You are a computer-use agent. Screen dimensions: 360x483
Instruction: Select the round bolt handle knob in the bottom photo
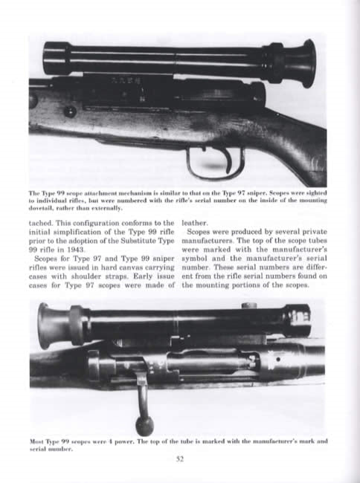click(144, 425)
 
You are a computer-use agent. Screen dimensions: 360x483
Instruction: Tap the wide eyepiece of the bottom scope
click(52, 324)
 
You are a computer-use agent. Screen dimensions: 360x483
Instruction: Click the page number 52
click(179, 458)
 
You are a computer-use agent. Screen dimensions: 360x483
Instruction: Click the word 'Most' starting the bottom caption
click(38, 441)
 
